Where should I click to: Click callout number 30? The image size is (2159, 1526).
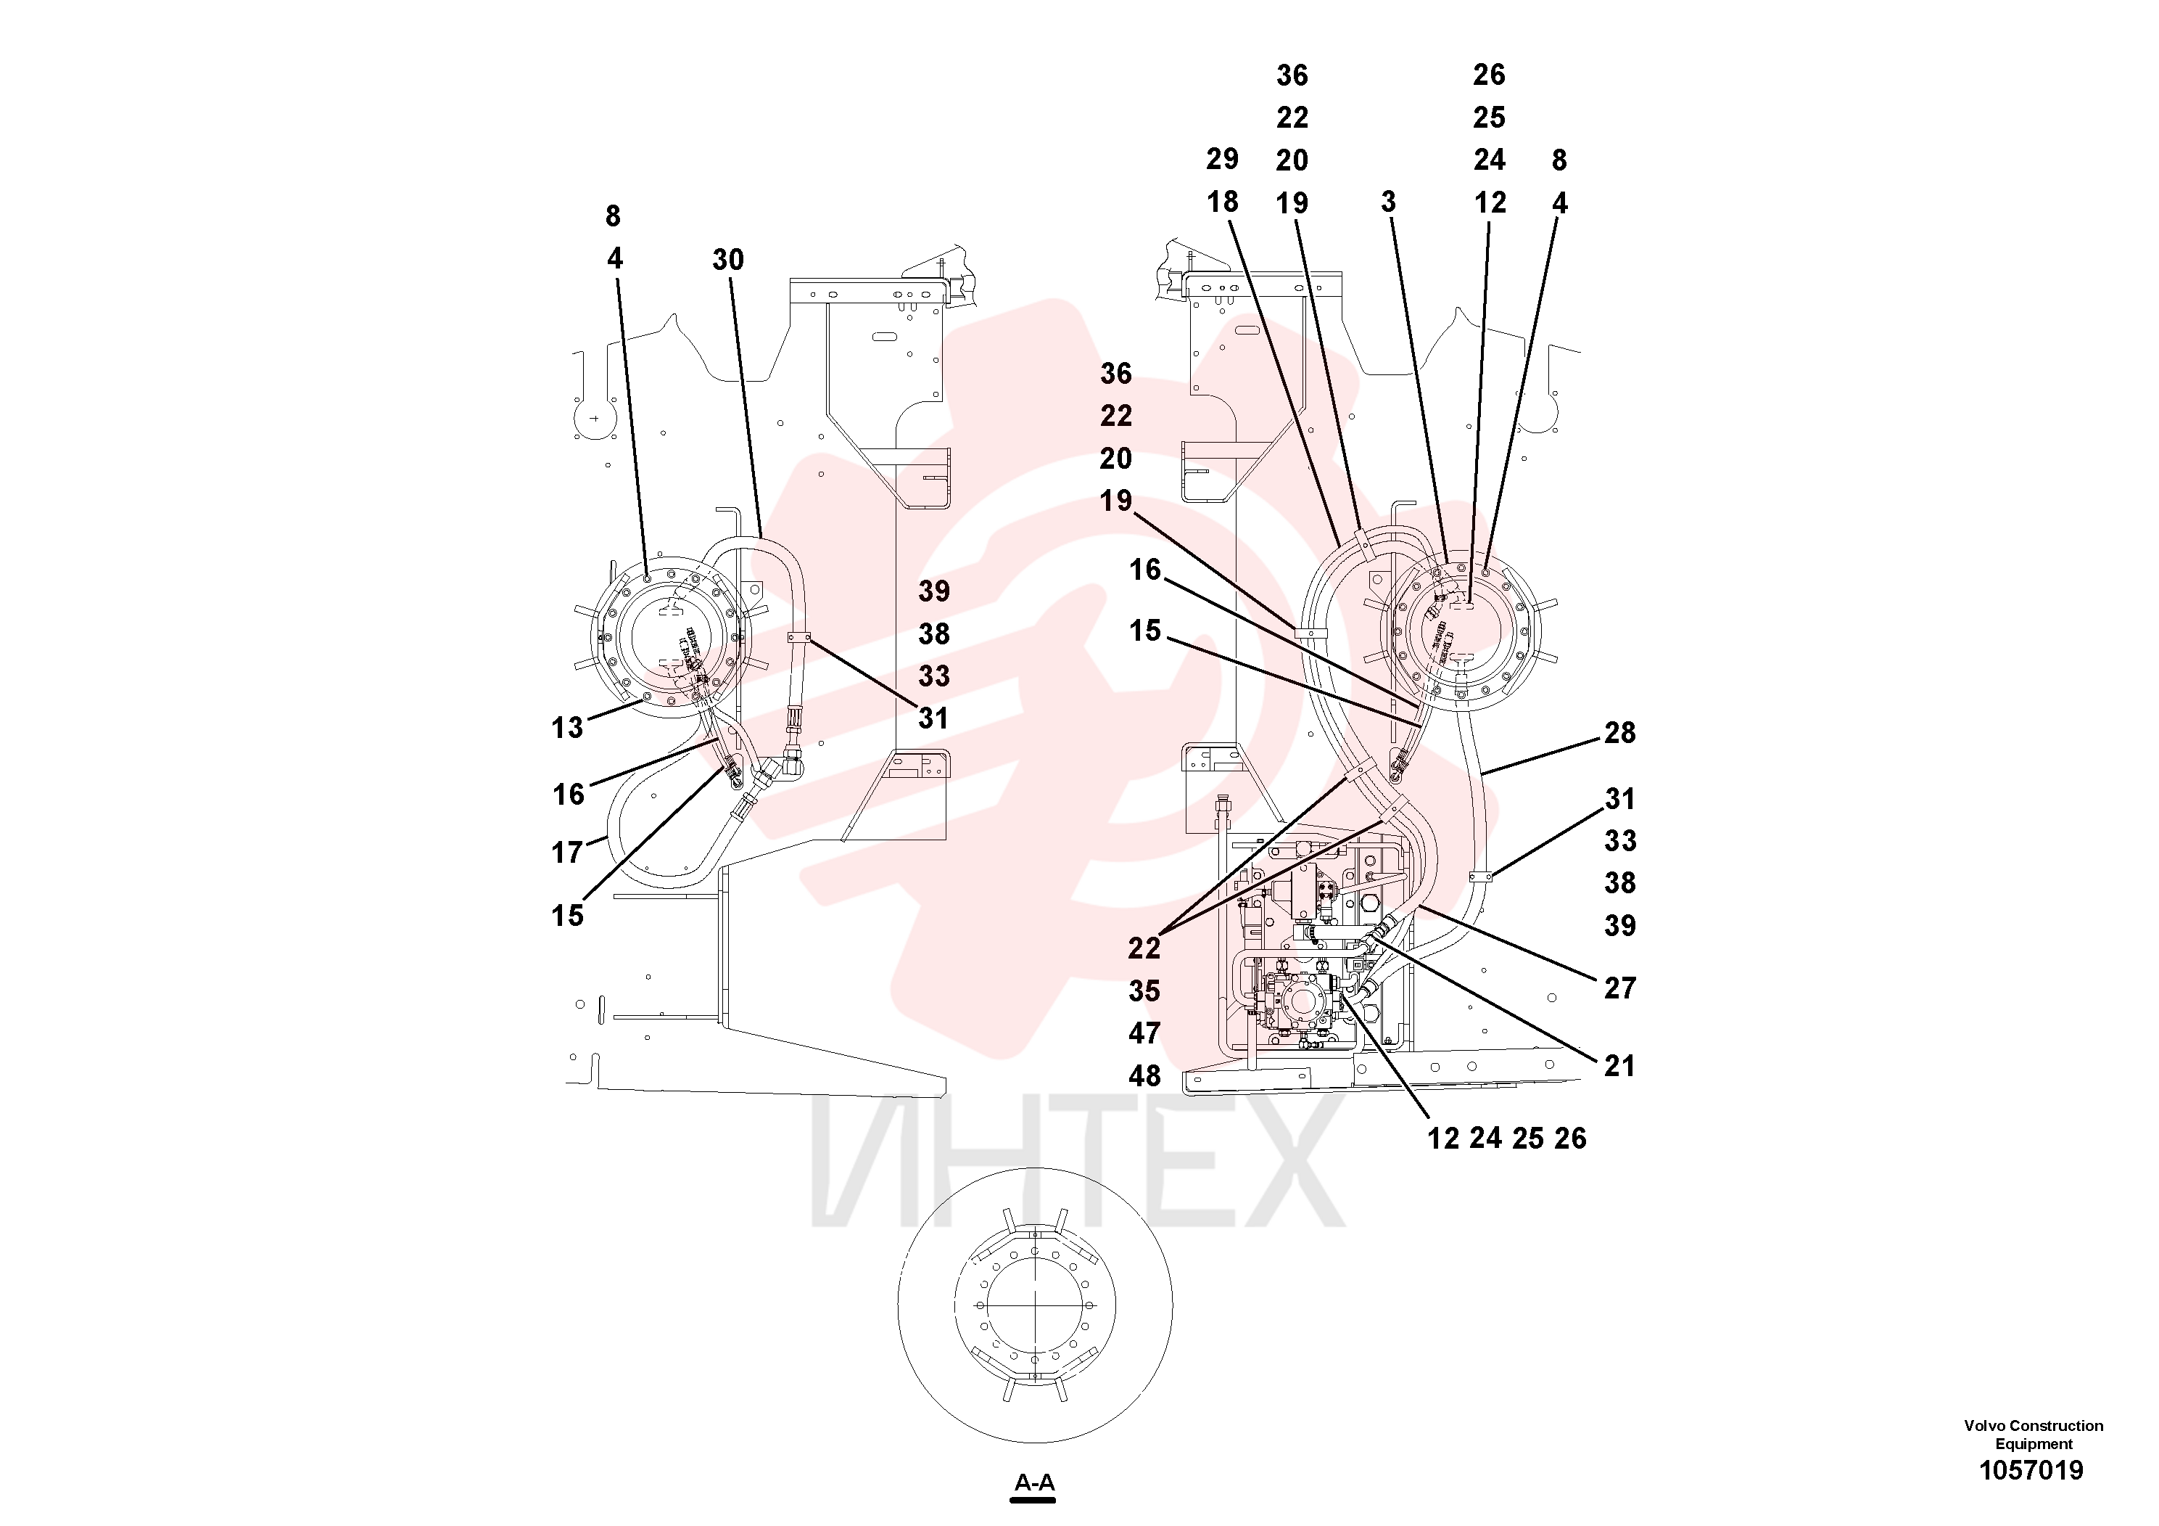[728, 260]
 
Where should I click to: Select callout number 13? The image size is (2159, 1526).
[567, 727]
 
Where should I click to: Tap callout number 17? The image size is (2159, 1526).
[567, 853]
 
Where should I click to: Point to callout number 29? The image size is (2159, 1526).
[1223, 159]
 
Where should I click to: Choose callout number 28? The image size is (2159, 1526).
[1619, 732]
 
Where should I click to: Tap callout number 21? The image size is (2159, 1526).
[1619, 1066]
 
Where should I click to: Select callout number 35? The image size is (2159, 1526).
[1144, 990]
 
